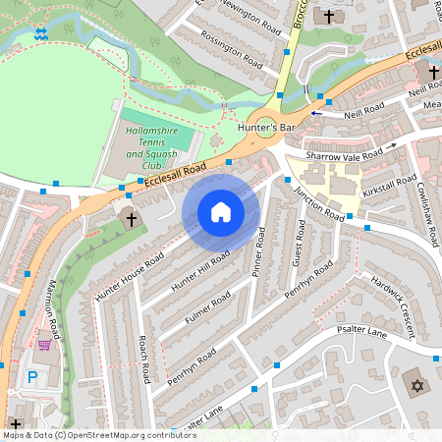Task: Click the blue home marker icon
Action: (x=221, y=212)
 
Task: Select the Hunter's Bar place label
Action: (x=265, y=128)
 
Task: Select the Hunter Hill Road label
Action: (x=200, y=269)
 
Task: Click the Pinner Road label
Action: (x=258, y=251)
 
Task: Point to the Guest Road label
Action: (x=300, y=244)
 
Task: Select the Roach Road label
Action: (x=143, y=359)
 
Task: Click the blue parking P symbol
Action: (x=32, y=376)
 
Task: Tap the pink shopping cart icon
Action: (x=43, y=344)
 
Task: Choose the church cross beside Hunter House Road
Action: (x=132, y=218)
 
